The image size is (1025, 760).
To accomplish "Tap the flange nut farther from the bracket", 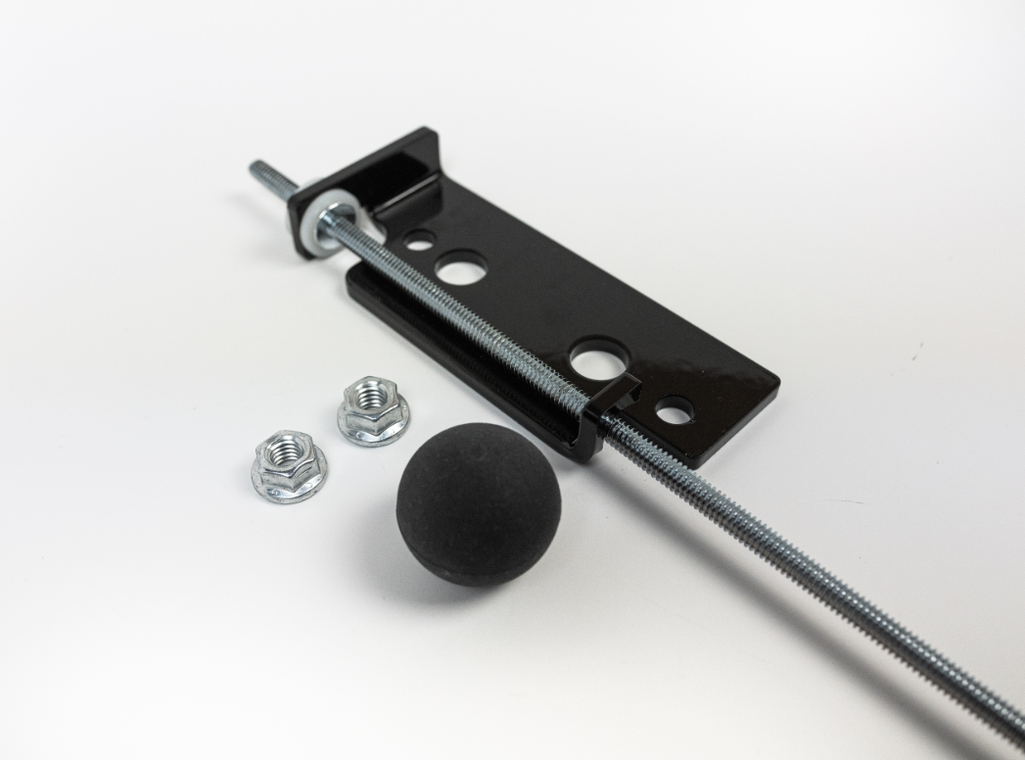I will [288, 464].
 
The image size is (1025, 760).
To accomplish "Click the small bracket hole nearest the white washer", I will [419, 238].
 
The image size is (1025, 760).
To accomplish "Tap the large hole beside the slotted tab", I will [599, 358].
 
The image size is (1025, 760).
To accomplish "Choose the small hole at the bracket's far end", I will [674, 410].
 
